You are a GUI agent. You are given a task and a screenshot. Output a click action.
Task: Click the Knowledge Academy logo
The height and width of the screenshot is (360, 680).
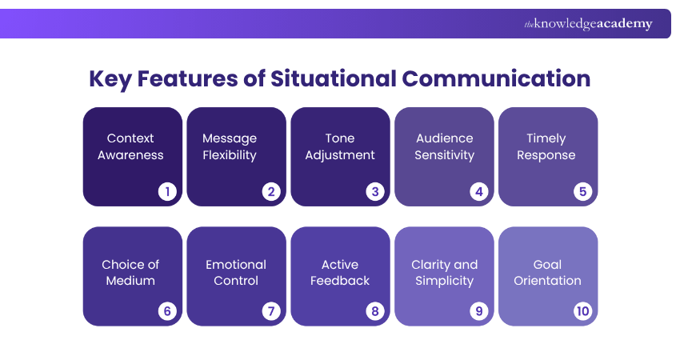tap(588, 24)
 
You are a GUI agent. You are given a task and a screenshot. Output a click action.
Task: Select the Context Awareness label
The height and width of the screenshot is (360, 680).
tap(130, 146)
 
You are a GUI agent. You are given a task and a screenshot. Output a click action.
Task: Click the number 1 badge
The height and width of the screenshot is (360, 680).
tap(166, 191)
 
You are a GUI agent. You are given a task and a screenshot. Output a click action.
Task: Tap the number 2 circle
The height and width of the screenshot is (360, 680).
tap(270, 191)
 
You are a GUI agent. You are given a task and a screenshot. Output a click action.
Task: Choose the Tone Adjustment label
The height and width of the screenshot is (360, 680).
tap(339, 146)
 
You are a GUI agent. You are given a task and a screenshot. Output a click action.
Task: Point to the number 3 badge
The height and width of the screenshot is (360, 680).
tap(374, 191)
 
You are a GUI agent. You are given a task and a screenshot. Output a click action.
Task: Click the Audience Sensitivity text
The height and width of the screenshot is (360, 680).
tap(444, 146)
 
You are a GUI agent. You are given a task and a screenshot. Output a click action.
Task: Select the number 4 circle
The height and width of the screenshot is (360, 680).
tap(478, 191)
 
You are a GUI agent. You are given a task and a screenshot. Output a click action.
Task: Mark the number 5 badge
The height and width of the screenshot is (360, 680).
tap(582, 191)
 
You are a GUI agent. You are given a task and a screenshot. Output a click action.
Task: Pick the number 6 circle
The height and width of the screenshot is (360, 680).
tap(166, 311)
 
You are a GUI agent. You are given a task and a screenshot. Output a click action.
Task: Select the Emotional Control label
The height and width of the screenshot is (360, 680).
tap(236, 272)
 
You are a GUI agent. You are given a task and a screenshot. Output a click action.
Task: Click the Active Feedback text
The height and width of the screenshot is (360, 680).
tap(340, 272)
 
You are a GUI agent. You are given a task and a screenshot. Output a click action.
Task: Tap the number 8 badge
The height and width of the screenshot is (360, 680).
tap(374, 311)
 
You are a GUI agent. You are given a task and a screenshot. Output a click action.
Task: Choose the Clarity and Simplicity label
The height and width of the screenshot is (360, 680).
tap(444, 272)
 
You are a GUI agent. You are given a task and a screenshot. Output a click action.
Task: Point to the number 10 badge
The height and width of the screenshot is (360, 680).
tap(582, 311)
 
